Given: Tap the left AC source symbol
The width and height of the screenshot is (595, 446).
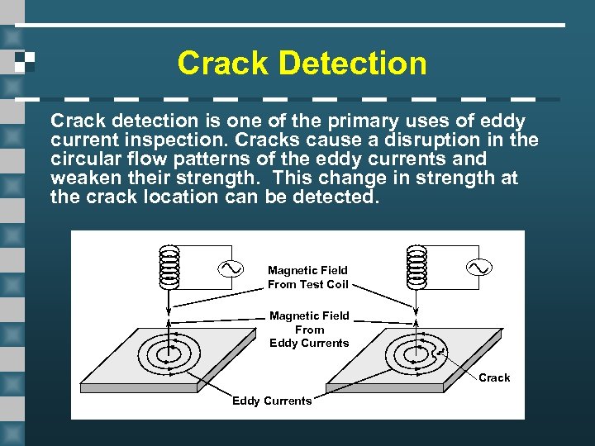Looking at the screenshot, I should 229,268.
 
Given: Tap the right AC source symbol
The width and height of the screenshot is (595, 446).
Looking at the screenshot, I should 478,268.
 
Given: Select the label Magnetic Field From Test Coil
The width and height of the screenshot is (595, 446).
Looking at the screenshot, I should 307,278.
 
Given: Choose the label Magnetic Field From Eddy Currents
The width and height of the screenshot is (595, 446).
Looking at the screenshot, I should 309,329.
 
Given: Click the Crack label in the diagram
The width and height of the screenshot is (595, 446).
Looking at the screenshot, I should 494,377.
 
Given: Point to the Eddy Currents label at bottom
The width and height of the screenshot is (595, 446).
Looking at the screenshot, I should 272,401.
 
